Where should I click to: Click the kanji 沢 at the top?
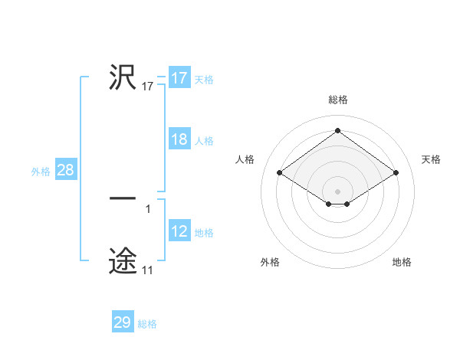pyautogui.click(x=123, y=77)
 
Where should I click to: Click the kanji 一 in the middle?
pyautogui.click(x=123, y=199)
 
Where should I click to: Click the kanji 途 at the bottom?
pyautogui.click(x=123, y=260)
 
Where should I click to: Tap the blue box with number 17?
pyautogui.click(x=179, y=79)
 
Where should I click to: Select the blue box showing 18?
pyautogui.click(x=179, y=140)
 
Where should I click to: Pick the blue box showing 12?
pyautogui.click(x=179, y=232)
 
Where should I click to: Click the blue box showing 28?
pyautogui.click(x=65, y=171)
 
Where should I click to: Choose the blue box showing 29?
pyautogui.click(x=123, y=323)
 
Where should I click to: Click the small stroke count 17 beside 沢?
pyautogui.click(x=148, y=87)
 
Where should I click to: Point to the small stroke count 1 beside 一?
pyautogui.click(x=148, y=208)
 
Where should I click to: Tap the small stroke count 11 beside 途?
pyautogui.click(x=147, y=270)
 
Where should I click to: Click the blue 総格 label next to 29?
pyautogui.click(x=147, y=324)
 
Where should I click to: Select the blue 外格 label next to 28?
pyautogui.click(x=41, y=172)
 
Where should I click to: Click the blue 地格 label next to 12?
pyautogui.click(x=204, y=233)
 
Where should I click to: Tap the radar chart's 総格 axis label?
pyautogui.click(x=338, y=100)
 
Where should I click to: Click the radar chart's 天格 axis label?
pyautogui.click(x=432, y=159)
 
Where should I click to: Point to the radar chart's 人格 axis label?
pyautogui.click(x=245, y=159)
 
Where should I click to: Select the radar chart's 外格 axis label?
pyautogui.click(x=270, y=262)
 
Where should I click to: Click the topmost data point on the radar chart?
pyautogui.click(x=338, y=129)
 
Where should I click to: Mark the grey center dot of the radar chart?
pyautogui.click(x=338, y=191)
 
